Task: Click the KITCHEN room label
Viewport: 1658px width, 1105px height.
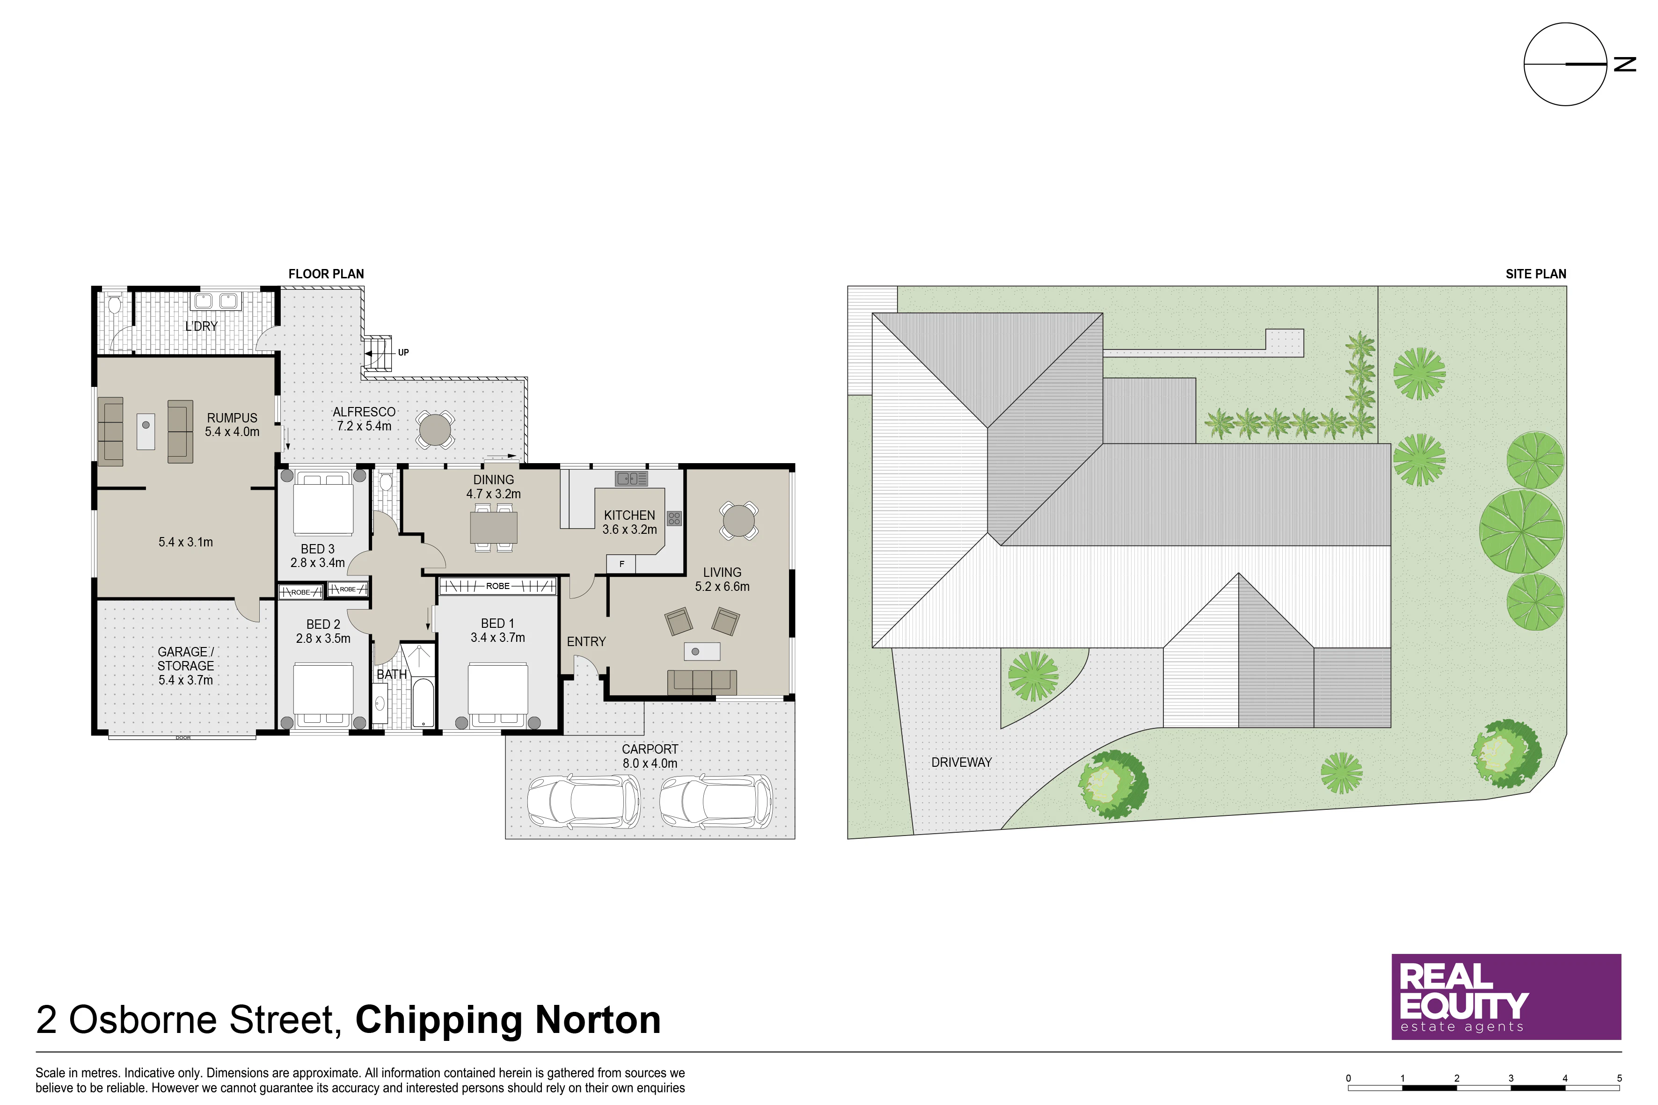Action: tap(629, 515)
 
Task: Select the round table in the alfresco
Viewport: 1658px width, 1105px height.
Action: tap(435, 429)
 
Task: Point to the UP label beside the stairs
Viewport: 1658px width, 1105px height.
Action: tap(403, 352)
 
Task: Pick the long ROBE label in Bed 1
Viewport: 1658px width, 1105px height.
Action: tap(498, 586)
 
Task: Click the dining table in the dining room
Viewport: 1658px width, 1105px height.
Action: tap(493, 527)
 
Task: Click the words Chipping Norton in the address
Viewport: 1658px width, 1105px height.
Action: tap(508, 1020)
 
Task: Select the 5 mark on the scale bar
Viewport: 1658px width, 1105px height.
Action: tap(1619, 1078)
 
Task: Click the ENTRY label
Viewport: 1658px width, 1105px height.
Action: tap(586, 641)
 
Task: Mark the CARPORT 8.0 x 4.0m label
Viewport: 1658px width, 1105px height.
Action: tap(650, 756)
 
